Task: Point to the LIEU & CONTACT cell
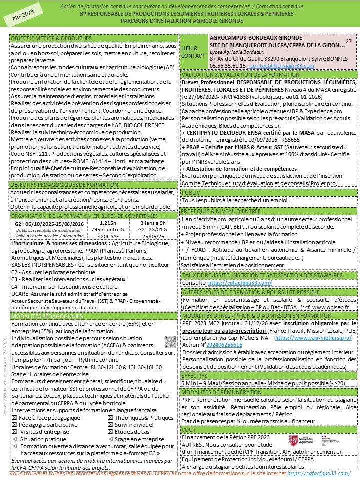click(x=192, y=52)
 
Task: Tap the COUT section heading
click(x=189, y=429)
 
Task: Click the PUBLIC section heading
click(x=191, y=192)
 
